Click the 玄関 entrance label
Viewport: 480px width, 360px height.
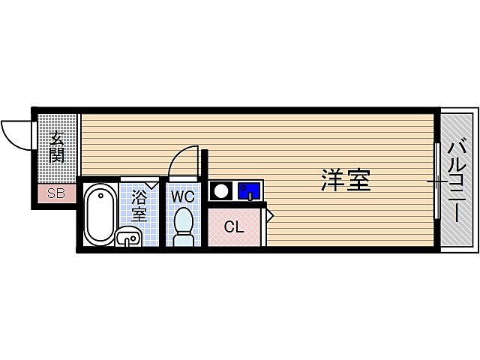pyautogui.click(x=57, y=147)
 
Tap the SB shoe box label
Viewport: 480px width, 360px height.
pyautogui.click(x=56, y=193)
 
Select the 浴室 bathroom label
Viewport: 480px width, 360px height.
pyautogui.click(x=139, y=205)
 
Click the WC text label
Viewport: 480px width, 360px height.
pyautogui.click(x=182, y=197)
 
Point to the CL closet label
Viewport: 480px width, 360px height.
pyautogui.click(x=235, y=227)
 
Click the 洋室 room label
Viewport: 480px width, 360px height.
pyautogui.click(x=346, y=180)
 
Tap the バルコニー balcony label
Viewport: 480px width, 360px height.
pyautogui.click(x=457, y=180)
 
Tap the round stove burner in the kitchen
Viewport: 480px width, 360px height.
pyautogui.click(x=221, y=190)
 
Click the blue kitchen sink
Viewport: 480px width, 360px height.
pyautogui.click(x=248, y=190)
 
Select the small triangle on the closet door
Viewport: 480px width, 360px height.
pyautogui.click(x=271, y=216)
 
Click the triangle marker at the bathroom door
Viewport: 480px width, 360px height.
pyautogui.click(x=151, y=184)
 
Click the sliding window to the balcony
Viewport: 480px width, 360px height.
pyautogui.click(x=436, y=180)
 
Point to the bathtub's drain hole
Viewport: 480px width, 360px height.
pyautogui.click(x=98, y=196)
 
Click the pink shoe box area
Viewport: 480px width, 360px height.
pyautogui.click(x=56, y=193)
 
